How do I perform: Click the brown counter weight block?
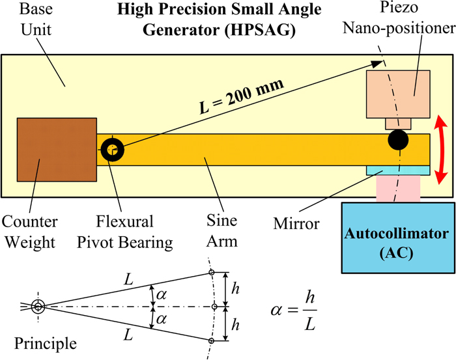(57, 150)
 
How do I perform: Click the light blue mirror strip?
(397, 170)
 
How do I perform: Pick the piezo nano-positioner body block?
(397, 94)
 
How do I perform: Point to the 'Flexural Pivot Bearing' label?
(134, 234)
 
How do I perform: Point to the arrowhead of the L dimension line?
(377, 63)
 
